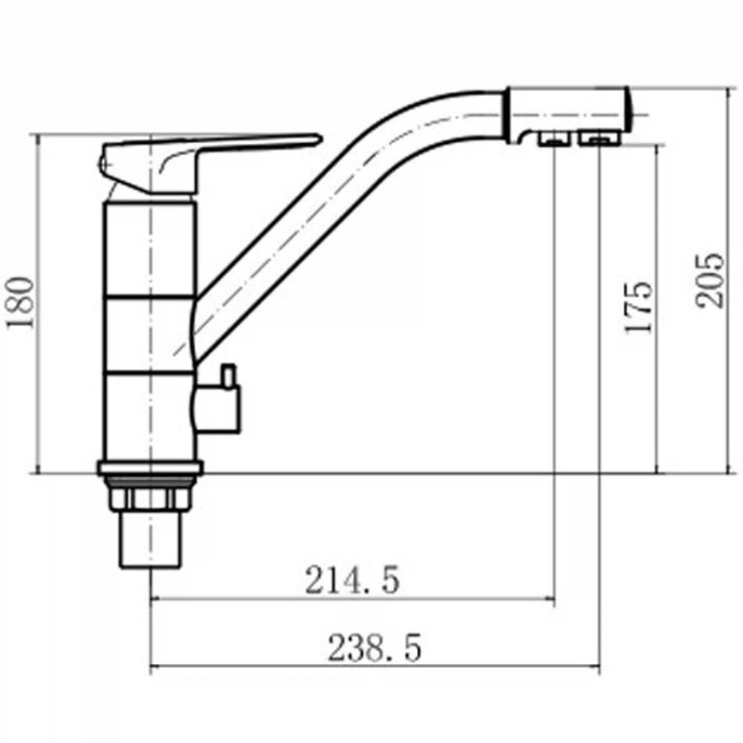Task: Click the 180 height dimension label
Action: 20,303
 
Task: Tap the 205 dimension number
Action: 710,281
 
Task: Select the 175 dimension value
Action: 638,307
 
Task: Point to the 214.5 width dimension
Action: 352,580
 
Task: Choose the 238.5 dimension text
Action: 374,647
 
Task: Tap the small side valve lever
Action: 228,376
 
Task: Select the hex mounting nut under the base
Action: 150,499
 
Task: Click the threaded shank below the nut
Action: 150,540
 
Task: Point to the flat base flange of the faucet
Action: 150,468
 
